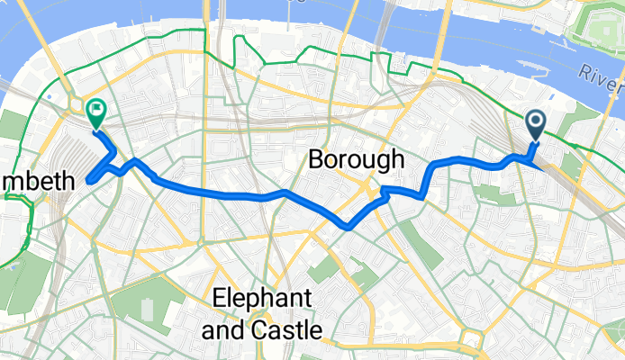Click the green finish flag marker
click(x=95, y=111)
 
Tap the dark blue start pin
click(x=535, y=124)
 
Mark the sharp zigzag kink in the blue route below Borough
click(x=385, y=191)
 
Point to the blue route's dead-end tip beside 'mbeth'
click(x=88, y=181)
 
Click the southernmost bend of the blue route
click(x=347, y=227)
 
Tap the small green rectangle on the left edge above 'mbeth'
click(x=11, y=125)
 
